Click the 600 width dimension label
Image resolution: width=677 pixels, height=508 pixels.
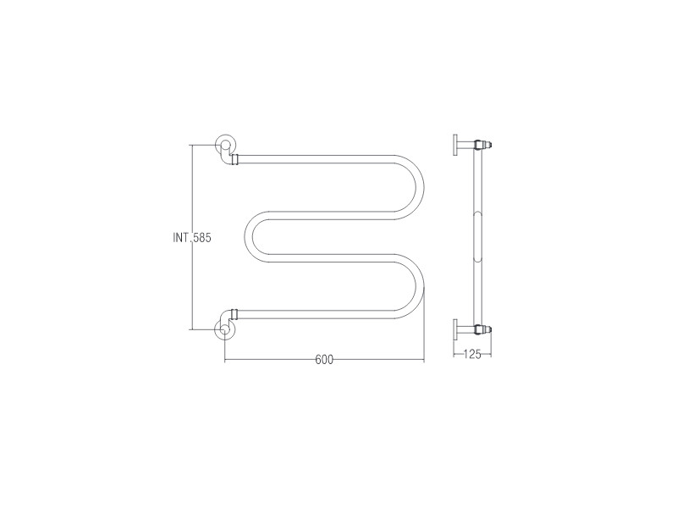324,359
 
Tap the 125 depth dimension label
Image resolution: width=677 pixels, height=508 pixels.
472,355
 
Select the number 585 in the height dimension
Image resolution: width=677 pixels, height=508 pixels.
201,238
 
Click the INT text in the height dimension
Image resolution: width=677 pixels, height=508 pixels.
180,238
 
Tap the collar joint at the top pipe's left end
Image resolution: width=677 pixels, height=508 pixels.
234,159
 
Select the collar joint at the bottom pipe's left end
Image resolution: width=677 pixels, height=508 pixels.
234,314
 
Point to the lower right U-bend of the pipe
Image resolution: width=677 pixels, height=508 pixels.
416,286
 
